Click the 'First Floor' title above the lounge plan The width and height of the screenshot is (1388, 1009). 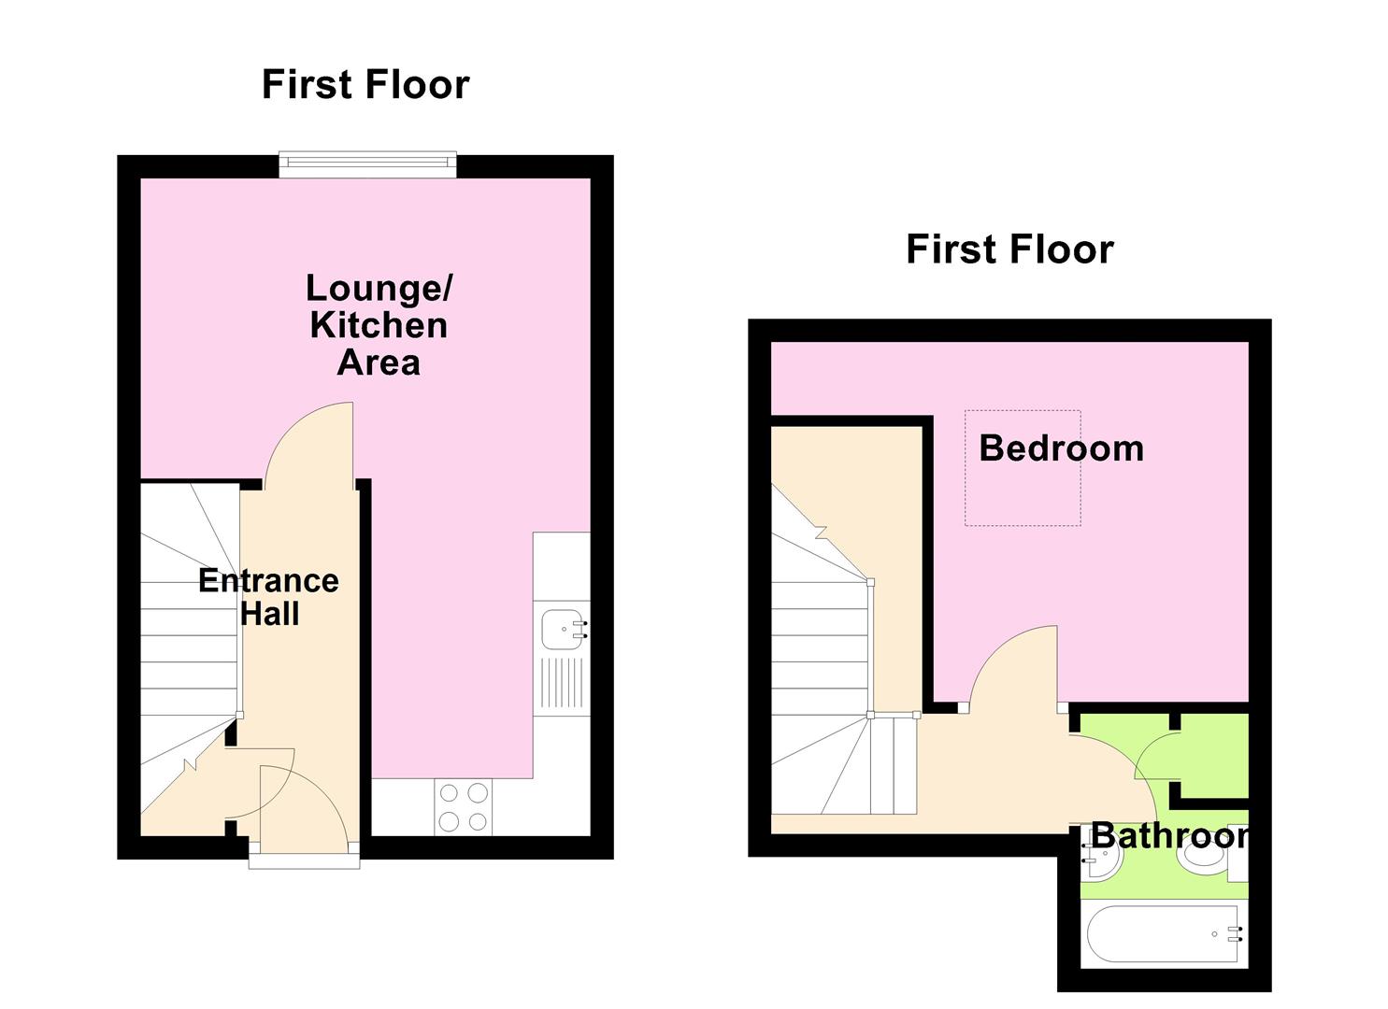[365, 84]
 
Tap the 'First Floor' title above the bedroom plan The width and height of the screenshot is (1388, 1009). [1009, 249]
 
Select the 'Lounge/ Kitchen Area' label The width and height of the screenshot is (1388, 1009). [379, 324]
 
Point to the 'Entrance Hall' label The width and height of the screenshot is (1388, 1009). [269, 597]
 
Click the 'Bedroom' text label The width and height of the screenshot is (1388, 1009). [1061, 448]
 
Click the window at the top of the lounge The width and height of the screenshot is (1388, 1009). [367, 164]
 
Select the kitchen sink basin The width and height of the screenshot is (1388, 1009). [563, 628]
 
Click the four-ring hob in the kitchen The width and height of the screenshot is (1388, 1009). [465, 807]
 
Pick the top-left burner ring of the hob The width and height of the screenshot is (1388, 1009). [450, 793]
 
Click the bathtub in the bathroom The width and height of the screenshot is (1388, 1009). [1165, 933]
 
